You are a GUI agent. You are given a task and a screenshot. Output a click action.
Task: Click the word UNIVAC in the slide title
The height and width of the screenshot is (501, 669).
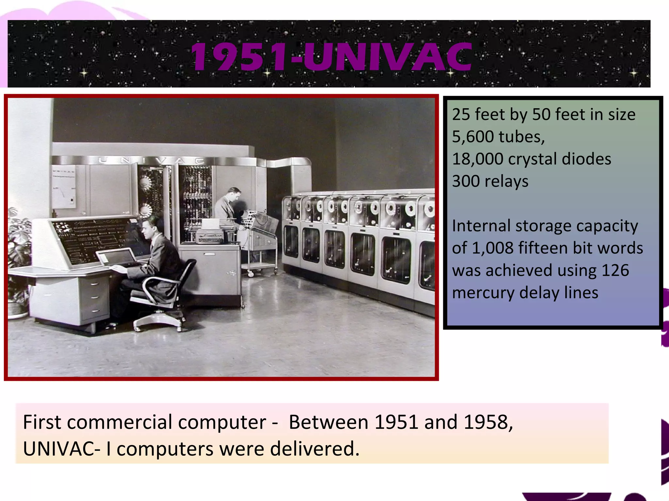(387, 57)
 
